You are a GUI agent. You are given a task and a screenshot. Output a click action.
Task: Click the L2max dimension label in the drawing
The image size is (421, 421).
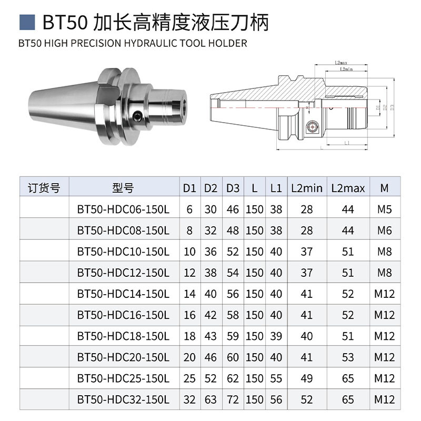340,64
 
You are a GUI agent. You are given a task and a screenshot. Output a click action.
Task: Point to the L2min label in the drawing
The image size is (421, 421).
345,69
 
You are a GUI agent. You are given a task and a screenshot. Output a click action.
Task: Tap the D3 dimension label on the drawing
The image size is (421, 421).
392,107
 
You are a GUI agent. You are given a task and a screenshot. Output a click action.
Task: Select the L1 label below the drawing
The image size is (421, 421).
347,143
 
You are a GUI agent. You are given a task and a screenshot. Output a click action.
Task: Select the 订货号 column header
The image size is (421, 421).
44,188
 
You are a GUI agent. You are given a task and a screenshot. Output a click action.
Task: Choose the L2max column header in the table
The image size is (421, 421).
348,188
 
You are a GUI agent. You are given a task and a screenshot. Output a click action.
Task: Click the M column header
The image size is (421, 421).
385,188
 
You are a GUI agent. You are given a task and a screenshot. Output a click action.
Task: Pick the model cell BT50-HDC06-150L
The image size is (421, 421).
123,209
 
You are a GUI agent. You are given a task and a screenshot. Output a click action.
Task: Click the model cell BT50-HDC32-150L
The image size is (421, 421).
123,399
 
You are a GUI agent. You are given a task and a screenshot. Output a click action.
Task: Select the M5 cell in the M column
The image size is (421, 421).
385,209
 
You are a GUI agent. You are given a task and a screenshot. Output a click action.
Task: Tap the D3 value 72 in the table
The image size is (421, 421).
233,399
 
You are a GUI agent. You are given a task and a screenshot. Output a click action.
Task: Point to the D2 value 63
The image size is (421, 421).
210,399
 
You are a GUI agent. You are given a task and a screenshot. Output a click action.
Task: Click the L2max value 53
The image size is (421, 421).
348,357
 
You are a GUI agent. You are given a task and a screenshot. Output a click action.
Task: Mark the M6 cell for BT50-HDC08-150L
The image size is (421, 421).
385,230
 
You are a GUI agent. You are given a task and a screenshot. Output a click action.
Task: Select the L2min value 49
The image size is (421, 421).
306,378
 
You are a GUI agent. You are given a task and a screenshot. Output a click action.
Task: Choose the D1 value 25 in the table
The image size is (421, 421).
189,378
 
